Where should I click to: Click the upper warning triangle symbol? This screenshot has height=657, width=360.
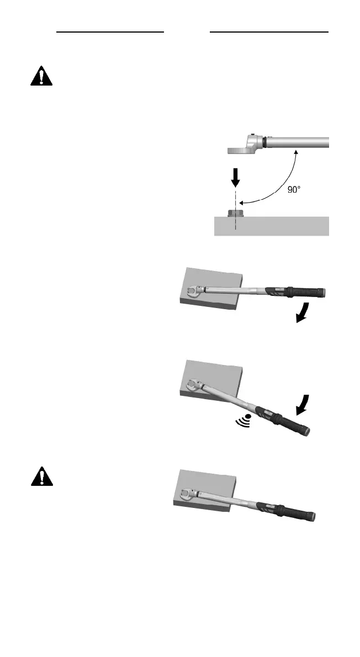41,77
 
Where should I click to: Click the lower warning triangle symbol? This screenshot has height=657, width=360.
41,476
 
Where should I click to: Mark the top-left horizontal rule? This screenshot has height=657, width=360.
111,33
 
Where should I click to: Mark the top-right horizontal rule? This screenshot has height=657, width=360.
269,33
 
